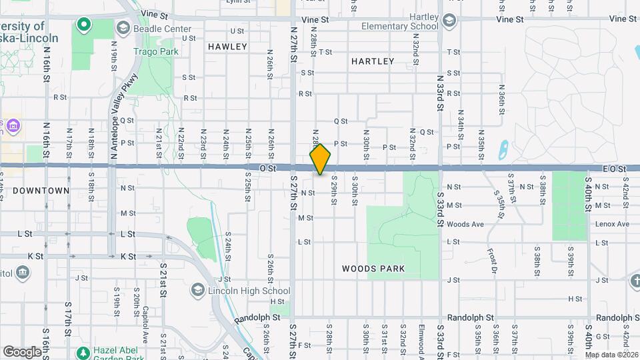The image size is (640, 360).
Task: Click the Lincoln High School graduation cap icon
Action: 198,290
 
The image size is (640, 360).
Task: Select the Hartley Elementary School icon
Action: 449,21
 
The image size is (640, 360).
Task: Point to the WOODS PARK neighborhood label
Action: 373,269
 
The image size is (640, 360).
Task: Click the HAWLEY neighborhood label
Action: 227,47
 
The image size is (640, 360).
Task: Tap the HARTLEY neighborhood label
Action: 373,61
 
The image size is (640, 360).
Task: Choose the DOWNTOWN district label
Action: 41,190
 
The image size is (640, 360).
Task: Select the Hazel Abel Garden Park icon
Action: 83,352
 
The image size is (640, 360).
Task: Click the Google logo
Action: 22,351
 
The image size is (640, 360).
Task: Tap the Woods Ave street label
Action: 465,224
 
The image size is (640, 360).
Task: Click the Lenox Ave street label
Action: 613,224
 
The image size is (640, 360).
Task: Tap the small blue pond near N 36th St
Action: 502,146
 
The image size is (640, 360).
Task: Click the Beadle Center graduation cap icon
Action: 123,28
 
